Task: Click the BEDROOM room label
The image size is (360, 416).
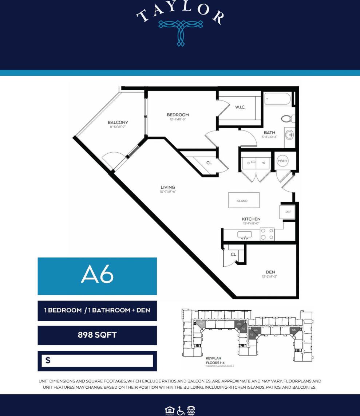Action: click(178, 115)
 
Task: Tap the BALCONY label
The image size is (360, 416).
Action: click(118, 122)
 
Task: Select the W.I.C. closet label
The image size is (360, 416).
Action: click(240, 107)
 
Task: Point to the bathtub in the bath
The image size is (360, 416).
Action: click(277, 99)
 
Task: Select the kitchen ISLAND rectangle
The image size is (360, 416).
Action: click(244, 200)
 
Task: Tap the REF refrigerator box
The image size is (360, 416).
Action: click(288, 212)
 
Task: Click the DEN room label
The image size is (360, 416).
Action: click(270, 272)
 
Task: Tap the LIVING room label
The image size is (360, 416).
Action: click(168, 188)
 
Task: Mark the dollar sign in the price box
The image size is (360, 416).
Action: click(48, 361)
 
